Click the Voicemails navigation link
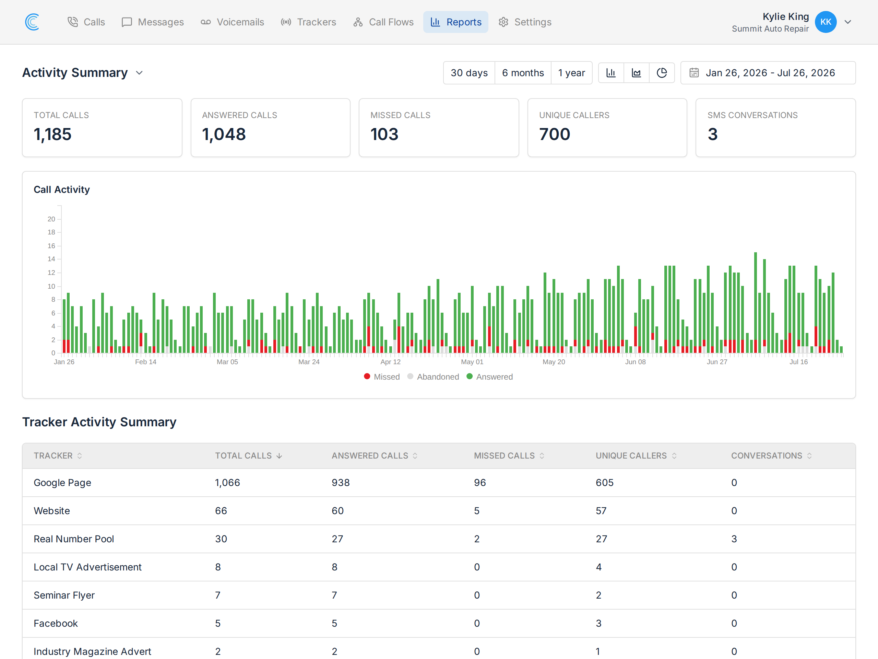coord(232,22)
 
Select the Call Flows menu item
coord(383,22)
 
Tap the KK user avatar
coord(826,22)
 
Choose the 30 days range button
coord(469,73)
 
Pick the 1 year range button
coord(572,73)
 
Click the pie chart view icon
coord(662,73)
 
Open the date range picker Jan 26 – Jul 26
coord(768,73)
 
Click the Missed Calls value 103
coord(384,134)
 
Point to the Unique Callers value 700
coord(555,134)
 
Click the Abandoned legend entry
coord(433,377)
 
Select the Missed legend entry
coord(382,377)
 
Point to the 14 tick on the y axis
coord(51,259)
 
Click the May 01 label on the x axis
coord(472,362)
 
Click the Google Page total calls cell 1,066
coord(227,483)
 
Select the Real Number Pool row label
coord(74,539)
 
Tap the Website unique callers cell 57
coord(601,511)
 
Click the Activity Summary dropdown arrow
coord(139,73)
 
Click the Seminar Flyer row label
coord(64,595)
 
